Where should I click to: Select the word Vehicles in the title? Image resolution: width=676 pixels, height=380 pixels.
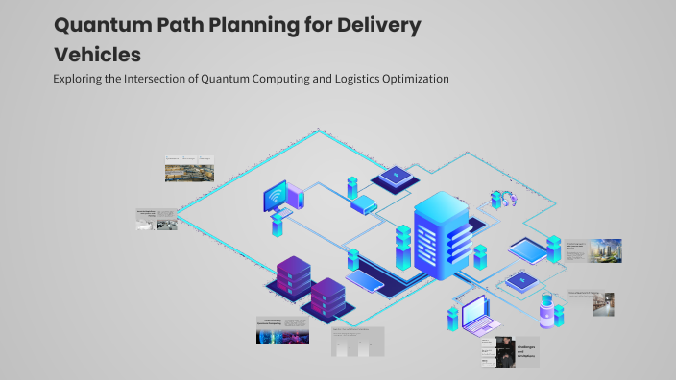click(97, 55)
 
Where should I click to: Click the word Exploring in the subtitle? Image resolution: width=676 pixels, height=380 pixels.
click(81, 79)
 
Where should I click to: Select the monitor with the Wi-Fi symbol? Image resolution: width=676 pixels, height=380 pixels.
click(283, 198)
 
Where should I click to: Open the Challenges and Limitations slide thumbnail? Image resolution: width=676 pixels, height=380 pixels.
click(510, 351)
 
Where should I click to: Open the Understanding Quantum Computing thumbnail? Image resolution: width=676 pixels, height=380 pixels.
click(281, 330)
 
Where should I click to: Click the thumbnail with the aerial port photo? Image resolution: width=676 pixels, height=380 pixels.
click(192, 168)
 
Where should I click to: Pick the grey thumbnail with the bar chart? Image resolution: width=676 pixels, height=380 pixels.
click(357, 342)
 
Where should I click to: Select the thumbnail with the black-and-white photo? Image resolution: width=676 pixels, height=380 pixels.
click(157, 219)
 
